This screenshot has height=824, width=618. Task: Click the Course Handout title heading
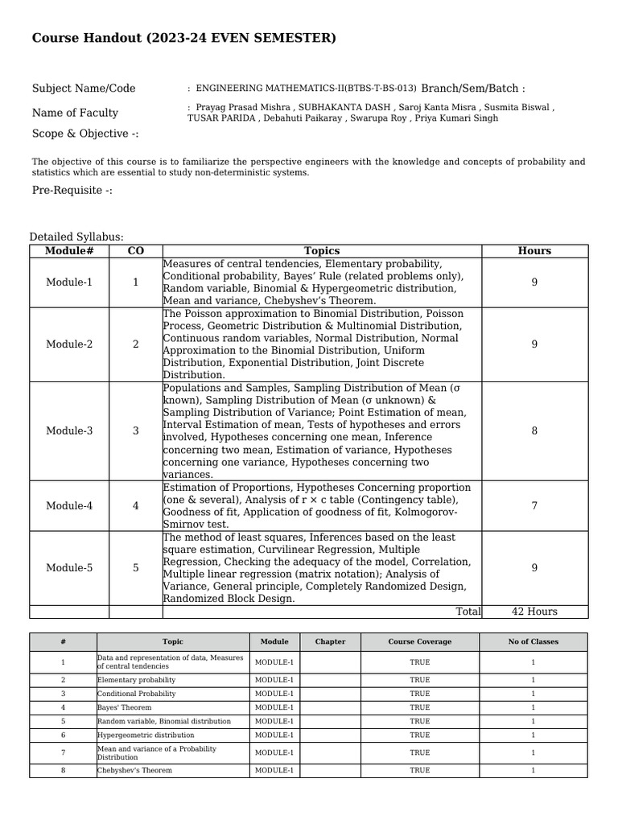tap(183, 38)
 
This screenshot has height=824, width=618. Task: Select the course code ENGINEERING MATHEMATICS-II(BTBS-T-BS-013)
tap(307, 89)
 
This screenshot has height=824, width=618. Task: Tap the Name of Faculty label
tap(75, 113)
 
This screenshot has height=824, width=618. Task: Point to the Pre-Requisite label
tap(72, 190)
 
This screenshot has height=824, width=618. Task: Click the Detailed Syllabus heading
tap(76, 237)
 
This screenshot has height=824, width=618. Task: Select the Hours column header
tap(534, 251)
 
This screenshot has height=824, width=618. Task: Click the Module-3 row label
tap(69, 431)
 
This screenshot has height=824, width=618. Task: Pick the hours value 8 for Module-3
tap(534, 431)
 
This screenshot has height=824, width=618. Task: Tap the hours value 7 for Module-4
tap(534, 505)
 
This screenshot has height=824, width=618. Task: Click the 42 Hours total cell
tap(534, 612)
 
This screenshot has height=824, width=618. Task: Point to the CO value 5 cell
tap(135, 567)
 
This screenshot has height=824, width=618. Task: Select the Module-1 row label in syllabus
tap(69, 282)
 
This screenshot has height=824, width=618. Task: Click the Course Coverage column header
tap(419, 641)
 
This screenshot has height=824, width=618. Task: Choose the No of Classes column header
tap(533, 641)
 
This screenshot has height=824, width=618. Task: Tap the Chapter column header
tap(330, 641)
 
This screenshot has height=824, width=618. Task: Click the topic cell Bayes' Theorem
tap(125, 707)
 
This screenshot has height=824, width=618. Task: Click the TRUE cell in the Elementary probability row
tap(419, 680)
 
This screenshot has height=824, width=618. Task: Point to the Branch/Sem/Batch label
tap(472, 89)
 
